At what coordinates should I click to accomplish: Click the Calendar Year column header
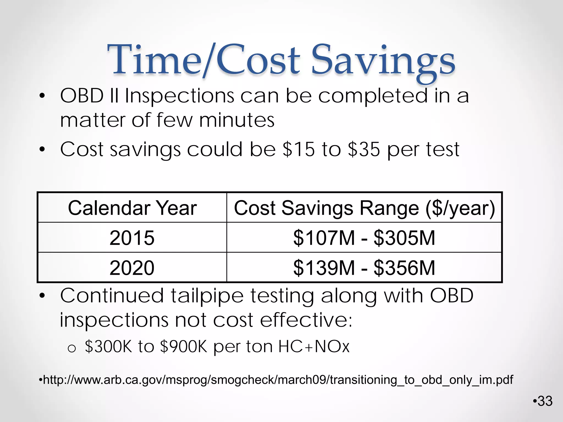point(132,208)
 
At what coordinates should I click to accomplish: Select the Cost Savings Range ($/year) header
point(364,208)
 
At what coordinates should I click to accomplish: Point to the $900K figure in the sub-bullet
point(183,346)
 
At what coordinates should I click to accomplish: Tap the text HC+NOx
point(314,346)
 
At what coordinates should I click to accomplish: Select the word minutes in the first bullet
point(237,120)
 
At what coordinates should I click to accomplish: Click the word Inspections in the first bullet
point(180,96)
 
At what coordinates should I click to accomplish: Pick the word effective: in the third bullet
point(306,320)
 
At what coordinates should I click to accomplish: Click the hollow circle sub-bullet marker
point(71,349)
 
